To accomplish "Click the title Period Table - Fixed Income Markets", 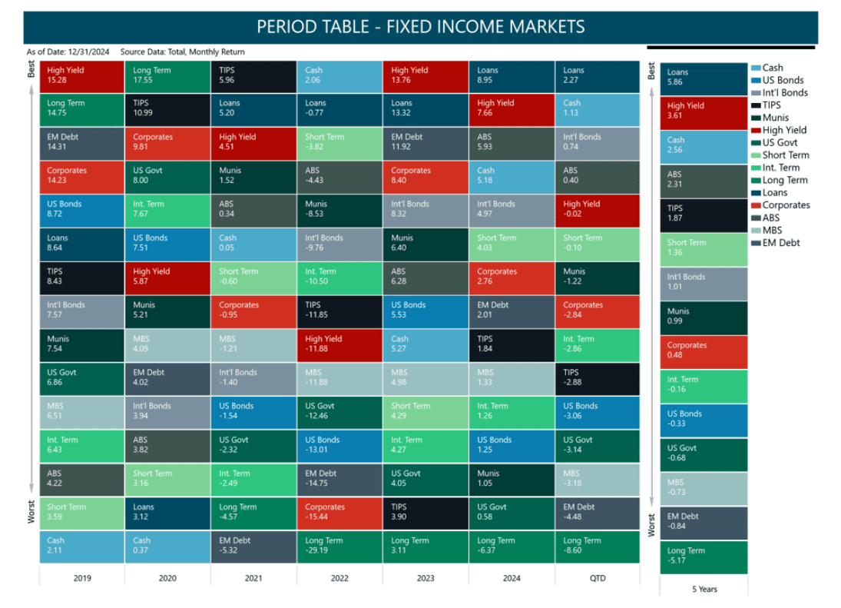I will (x=420, y=27).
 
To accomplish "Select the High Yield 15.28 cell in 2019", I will (x=81, y=76).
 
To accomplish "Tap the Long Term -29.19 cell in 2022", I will (x=339, y=547).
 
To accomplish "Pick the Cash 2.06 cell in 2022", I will (x=339, y=76).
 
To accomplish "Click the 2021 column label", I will (x=253, y=578).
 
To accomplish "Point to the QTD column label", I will (x=597, y=578).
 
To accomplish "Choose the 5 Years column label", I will (x=704, y=589).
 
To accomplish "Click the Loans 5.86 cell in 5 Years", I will (x=704, y=78).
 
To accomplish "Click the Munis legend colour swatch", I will (x=756, y=118).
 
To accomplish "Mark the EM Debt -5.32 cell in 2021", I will (x=253, y=547).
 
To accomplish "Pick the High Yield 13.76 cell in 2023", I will (x=425, y=76).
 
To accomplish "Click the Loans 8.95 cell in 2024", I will (x=511, y=76).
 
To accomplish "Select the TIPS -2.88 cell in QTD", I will (x=597, y=378).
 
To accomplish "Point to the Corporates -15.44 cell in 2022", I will (x=339, y=513).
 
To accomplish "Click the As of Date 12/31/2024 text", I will (x=68, y=52).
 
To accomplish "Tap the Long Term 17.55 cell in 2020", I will (x=167, y=76).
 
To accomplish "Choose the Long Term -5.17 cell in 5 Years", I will (x=704, y=557).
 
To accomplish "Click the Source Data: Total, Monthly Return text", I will (x=183, y=52).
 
